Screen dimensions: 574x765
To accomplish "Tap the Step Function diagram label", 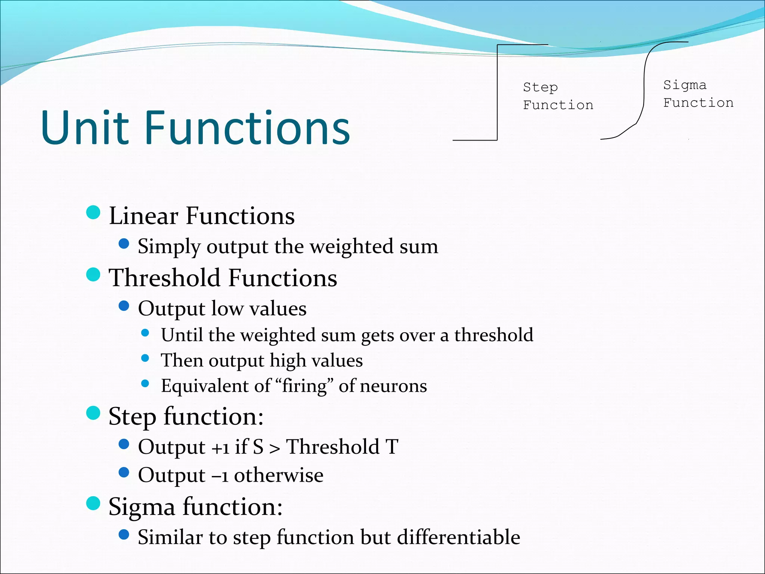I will click(x=558, y=96).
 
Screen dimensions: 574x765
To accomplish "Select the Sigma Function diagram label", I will click(x=698, y=94).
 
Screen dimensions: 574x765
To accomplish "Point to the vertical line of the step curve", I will click(x=497, y=93).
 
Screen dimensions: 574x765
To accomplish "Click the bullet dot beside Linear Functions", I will click(x=93, y=212).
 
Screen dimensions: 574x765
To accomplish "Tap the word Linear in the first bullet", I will click(x=143, y=216).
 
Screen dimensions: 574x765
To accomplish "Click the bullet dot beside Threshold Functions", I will click(x=93, y=274).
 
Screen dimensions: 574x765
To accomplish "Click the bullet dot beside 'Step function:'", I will click(x=93, y=413).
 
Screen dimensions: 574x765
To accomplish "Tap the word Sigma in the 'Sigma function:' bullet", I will click(x=142, y=508).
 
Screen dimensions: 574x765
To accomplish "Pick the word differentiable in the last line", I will click(x=458, y=537).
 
